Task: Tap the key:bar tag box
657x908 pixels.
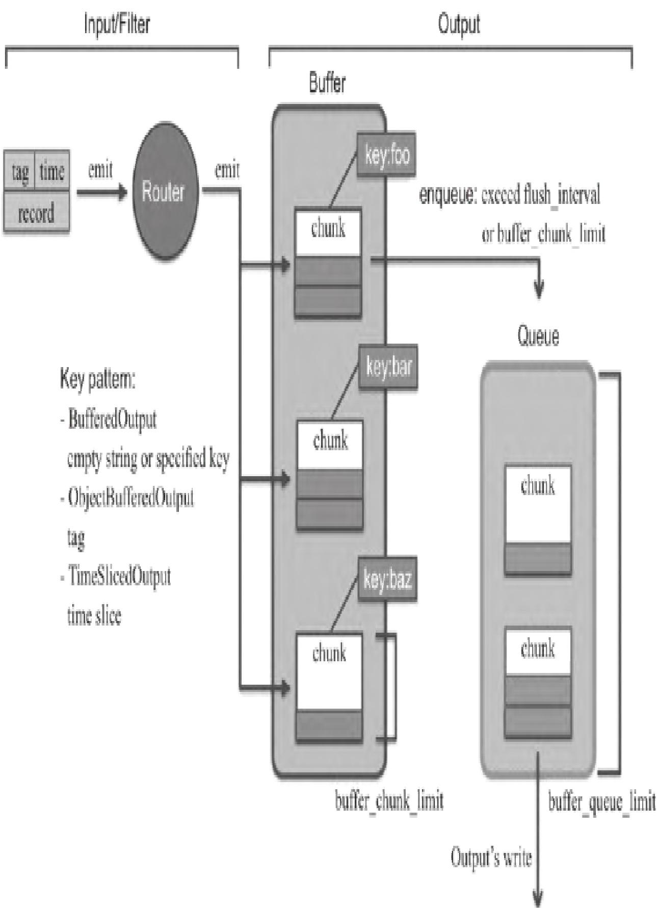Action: coord(388,368)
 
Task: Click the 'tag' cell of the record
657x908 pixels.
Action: coord(20,172)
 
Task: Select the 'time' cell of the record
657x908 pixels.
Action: coord(52,172)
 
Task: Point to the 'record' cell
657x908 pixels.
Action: coord(36,213)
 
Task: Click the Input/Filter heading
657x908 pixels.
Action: coord(117,24)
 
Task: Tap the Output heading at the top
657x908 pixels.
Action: coord(459,24)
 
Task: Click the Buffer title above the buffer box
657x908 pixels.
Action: coord(327,83)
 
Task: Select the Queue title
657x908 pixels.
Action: coord(538,336)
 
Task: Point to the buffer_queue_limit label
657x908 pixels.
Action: coord(601,802)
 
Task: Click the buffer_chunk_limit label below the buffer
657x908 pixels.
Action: coord(389,801)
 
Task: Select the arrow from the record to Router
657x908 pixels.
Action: coord(101,193)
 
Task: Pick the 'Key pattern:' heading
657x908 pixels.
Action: coord(97,381)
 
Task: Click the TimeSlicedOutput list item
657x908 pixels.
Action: coord(119,577)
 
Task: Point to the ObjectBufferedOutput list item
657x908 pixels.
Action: coord(130,497)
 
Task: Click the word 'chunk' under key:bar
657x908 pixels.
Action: coord(330,440)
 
